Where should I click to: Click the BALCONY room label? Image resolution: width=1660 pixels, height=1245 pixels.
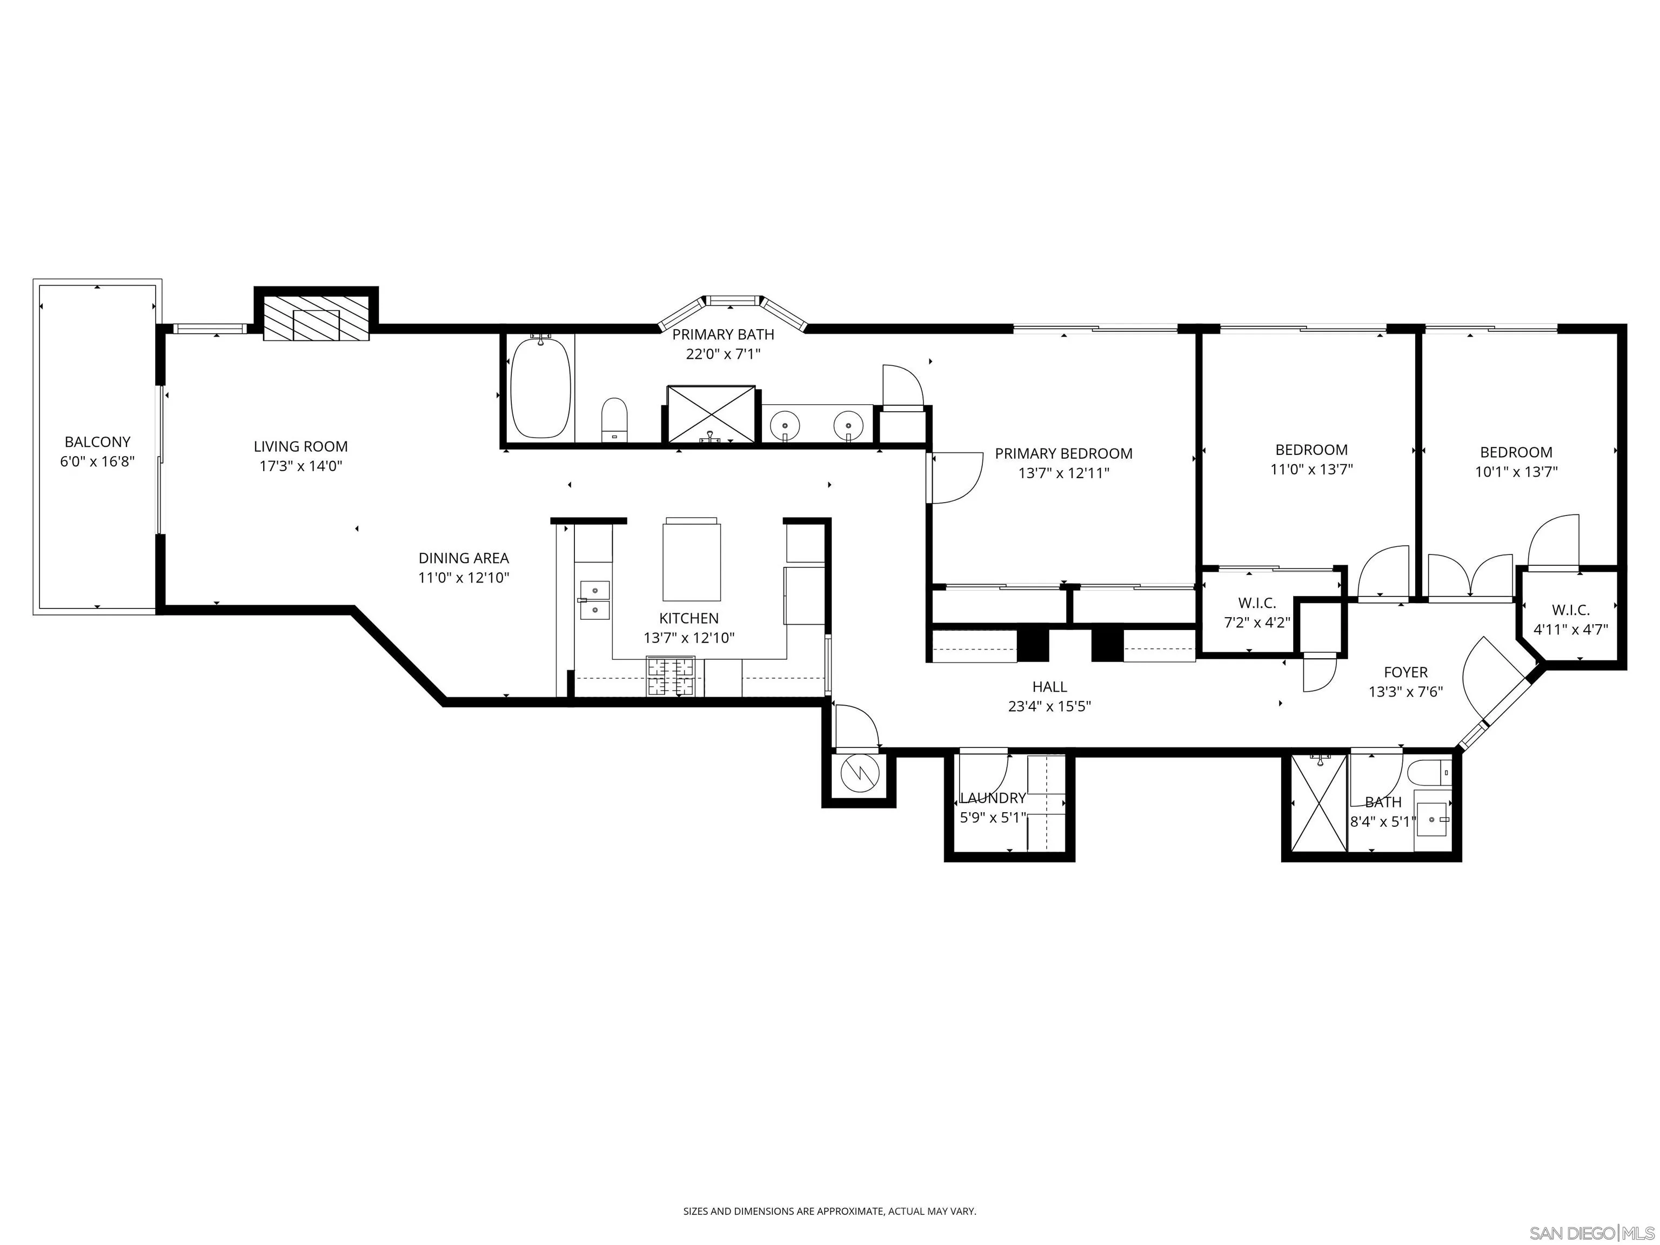[x=97, y=442]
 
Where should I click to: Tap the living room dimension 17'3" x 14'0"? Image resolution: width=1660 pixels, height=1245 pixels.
[x=300, y=466]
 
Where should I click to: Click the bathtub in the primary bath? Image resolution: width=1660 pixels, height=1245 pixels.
[x=540, y=389]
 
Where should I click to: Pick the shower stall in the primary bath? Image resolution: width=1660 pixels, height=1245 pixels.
[x=711, y=413]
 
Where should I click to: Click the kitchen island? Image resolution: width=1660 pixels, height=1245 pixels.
[x=691, y=561]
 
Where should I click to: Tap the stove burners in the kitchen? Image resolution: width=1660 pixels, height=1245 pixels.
[x=671, y=675]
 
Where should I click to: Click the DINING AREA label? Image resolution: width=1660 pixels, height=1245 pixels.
[x=463, y=558]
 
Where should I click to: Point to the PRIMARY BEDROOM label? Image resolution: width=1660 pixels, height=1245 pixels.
[x=1063, y=453]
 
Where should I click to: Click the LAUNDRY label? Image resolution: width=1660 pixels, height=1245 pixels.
[x=992, y=798]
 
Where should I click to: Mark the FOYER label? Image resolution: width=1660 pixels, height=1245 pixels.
[x=1405, y=672]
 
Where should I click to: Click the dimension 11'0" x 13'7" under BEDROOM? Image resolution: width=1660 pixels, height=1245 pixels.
[x=1311, y=470]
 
